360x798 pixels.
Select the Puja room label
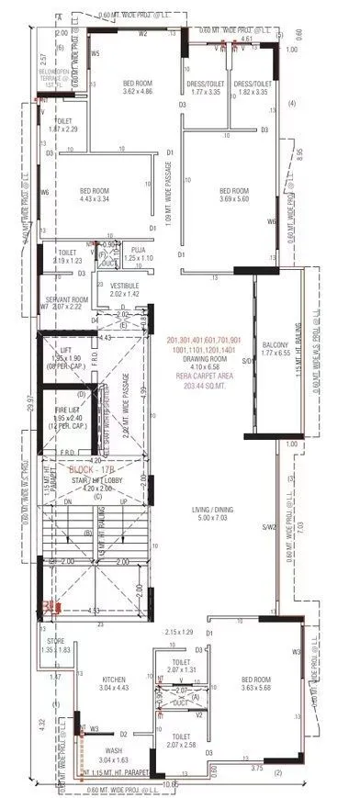tap(139, 249)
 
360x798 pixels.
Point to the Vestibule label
tap(125, 286)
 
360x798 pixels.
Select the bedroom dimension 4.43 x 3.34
tap(96, 197)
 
